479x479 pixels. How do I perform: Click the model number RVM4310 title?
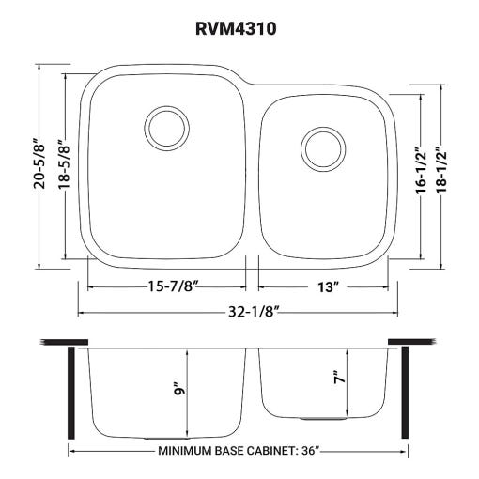pos(236,29)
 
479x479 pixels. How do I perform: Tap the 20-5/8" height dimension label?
pos(39,163)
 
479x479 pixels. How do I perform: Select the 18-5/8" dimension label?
pos(64,163)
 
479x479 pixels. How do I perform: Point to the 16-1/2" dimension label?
pos(421,169)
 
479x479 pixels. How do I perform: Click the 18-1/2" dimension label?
pos(440,169)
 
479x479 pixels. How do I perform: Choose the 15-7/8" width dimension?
pos(174,286)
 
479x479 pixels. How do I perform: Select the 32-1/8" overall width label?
pos(254,312)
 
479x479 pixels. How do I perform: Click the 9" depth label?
pos(180,389)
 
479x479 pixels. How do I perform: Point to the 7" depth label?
pos(340,378)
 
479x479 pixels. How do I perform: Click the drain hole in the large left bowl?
pos(167,128)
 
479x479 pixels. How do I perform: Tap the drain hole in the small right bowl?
pos(323,149)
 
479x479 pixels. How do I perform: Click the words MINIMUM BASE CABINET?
pos(227,451)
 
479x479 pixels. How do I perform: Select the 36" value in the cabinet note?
pos(311,451)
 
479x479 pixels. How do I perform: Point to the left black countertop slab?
pos(64,342)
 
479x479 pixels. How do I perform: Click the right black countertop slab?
pos(411,342)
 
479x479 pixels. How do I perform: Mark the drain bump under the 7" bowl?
pos(323,418)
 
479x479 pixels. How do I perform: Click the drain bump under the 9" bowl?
pos(167,439)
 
